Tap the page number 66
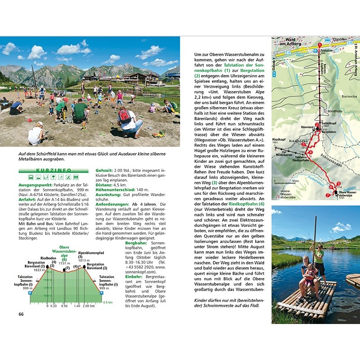point(21,314)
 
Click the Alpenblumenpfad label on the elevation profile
point(91,253)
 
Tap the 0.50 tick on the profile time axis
point(64,306)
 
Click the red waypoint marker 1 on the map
point(320,45)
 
